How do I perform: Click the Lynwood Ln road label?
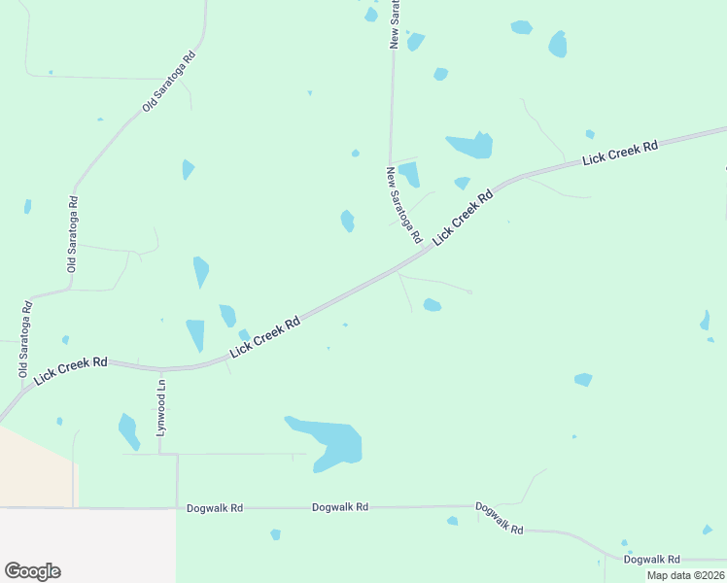(162, 409)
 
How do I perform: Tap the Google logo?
(32, 571)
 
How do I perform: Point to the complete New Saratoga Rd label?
(403, 205)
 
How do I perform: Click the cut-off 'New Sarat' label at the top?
(396, 24)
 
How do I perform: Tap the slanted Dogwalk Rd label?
(500, 518)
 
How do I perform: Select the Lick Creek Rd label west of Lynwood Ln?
(70, 370)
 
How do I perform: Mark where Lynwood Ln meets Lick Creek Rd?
(161, 369)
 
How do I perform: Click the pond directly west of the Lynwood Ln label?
(128, 430)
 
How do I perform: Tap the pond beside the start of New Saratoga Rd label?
(409, 174)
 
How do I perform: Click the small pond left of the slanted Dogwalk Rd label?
(452, 521)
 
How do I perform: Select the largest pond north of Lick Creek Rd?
(471, 146)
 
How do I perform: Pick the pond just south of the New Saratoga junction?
(433, 305)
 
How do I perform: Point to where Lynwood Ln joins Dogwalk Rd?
(177, 507)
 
